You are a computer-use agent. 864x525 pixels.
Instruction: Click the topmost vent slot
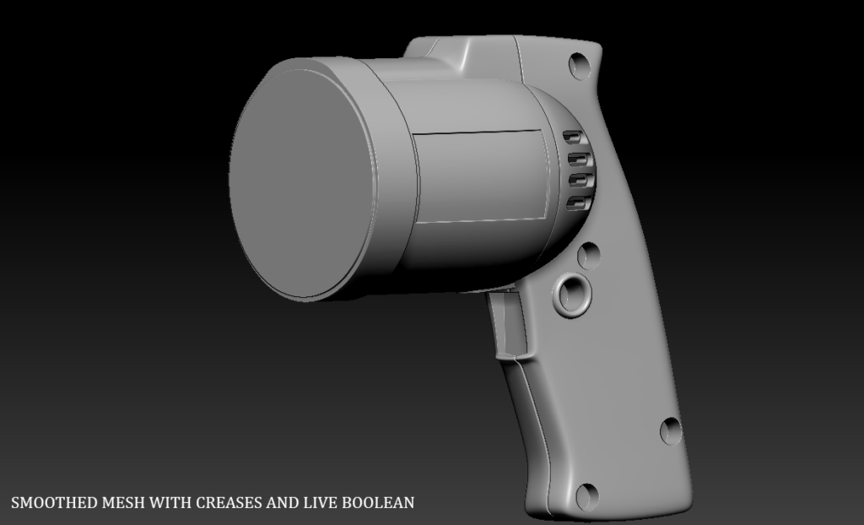click(x=572, y=137)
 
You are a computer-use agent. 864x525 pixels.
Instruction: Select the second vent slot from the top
click(x=579, y=160)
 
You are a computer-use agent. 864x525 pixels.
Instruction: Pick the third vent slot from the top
click(x=580, y=181)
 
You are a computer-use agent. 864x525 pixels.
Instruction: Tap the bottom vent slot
click(x=579, y=203)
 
